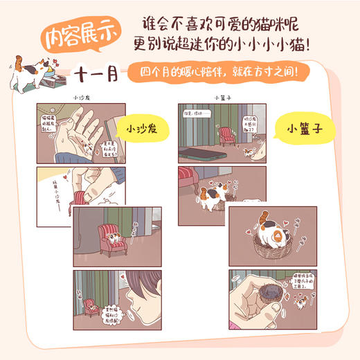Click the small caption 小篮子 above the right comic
click(222, 98)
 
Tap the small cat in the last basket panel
click(303, 301)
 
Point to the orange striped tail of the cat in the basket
click(262, 221)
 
